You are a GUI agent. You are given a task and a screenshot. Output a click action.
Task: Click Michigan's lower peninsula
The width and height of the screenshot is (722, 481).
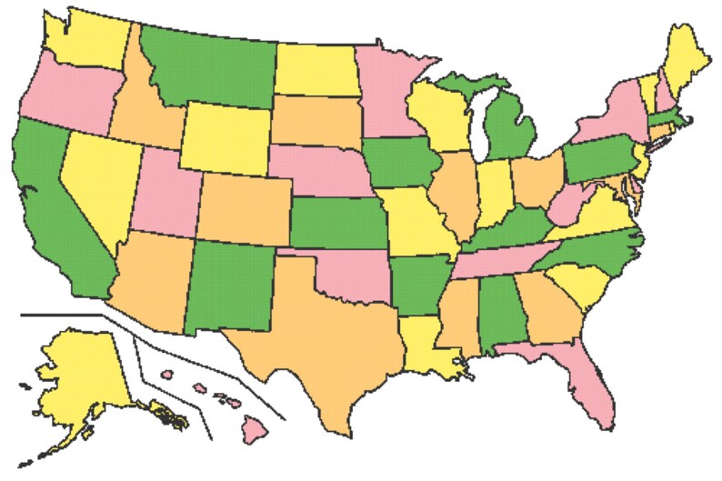[504, 127]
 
